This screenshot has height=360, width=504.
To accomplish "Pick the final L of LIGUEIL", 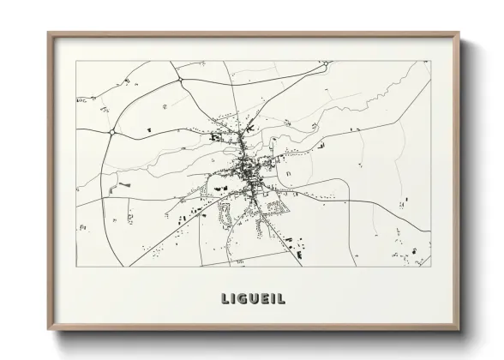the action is click(281, 299).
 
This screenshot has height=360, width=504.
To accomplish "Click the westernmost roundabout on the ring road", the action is click(112, 132).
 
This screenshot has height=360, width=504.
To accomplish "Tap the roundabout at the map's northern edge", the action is click(325, 63).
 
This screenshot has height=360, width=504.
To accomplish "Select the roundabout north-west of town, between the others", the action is click(180, 81).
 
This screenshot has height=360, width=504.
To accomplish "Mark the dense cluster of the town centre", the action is click(250, 166).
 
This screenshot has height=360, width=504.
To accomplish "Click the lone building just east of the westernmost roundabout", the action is click(140, 129).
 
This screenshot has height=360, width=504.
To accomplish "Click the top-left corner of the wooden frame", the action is click(49, 34).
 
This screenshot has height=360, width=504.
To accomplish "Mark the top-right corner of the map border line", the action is click(429, 61).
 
